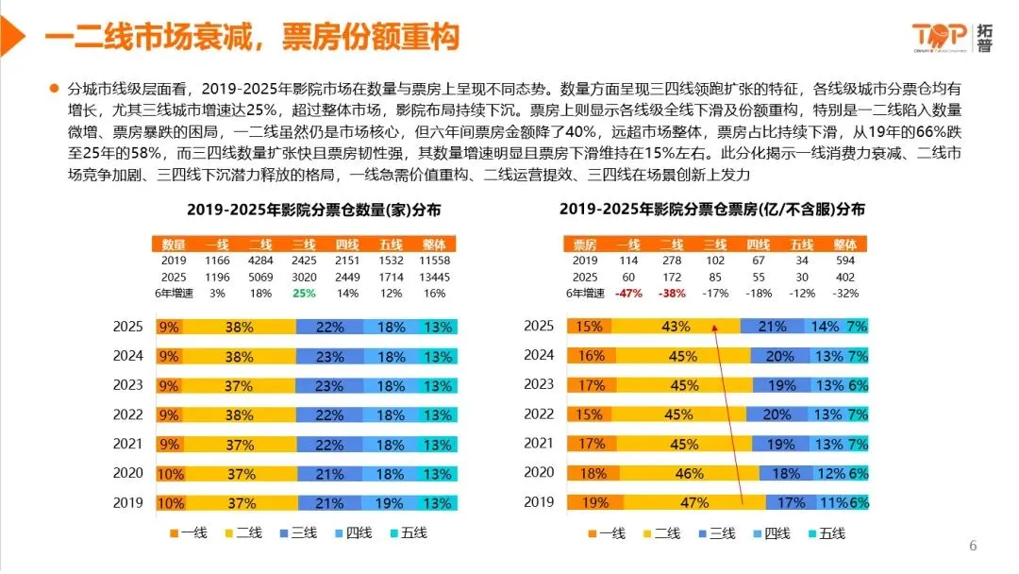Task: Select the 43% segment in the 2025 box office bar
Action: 675,327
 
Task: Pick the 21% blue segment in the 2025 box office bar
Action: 771,327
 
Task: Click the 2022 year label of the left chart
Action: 127,414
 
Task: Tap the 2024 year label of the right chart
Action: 539,356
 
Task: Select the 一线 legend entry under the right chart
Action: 604,533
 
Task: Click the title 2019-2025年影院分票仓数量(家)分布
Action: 314,209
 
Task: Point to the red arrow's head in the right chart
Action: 714,329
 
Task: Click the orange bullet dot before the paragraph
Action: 55,90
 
